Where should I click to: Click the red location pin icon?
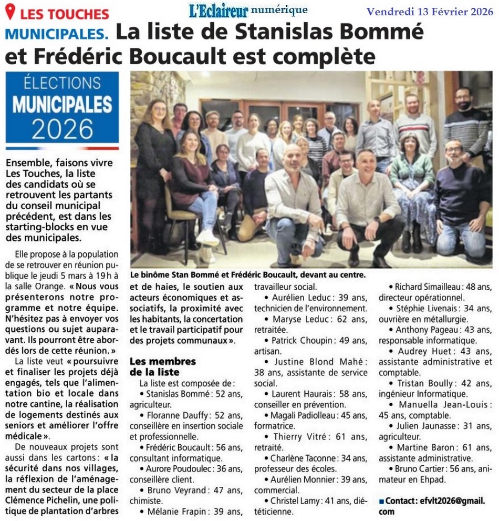click(10, 12)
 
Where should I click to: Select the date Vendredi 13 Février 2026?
click(430, 11)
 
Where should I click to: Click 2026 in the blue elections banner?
click(62, 127)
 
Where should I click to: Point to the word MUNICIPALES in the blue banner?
click(62, 104)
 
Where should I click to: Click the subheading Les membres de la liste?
click(162, 367)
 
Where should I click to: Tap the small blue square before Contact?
click(382, 502)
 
